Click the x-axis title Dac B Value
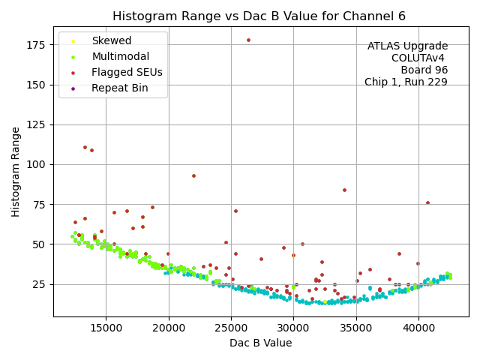click(x=260, y=343)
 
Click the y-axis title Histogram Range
click(x=16, y=172)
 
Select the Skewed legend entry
click(x=111, y=40)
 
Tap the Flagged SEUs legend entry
click(x=127, y=72)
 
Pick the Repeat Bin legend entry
click(x=119, y=88)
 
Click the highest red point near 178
click(x=248, y=40)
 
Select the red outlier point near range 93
click(x=193, y=176)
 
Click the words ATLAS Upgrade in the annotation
click(x=407, y=46)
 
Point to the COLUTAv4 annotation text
click(x=419, y=58)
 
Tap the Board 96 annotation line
click(x=424, y=70)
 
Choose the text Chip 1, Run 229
click(x=406, y=82)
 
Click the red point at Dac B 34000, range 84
click(x=344, y=190)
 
